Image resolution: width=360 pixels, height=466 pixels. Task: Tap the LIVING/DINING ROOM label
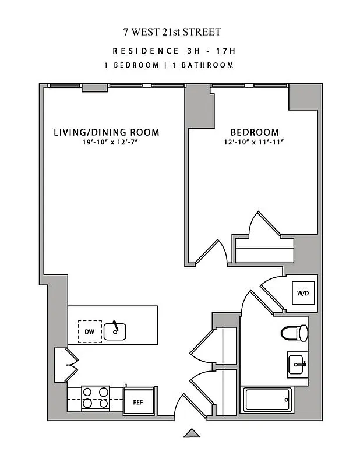point(106,132)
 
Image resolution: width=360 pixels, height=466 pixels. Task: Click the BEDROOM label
point(255,132)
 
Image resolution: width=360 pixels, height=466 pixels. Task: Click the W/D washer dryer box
point(303,292)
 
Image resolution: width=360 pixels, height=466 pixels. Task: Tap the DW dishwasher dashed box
point(89,331)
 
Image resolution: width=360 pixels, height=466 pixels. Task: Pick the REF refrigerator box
point(138,402)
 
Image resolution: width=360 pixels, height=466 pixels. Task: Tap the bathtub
point(268,400)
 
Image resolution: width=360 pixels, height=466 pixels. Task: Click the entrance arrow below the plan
point(190,433)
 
